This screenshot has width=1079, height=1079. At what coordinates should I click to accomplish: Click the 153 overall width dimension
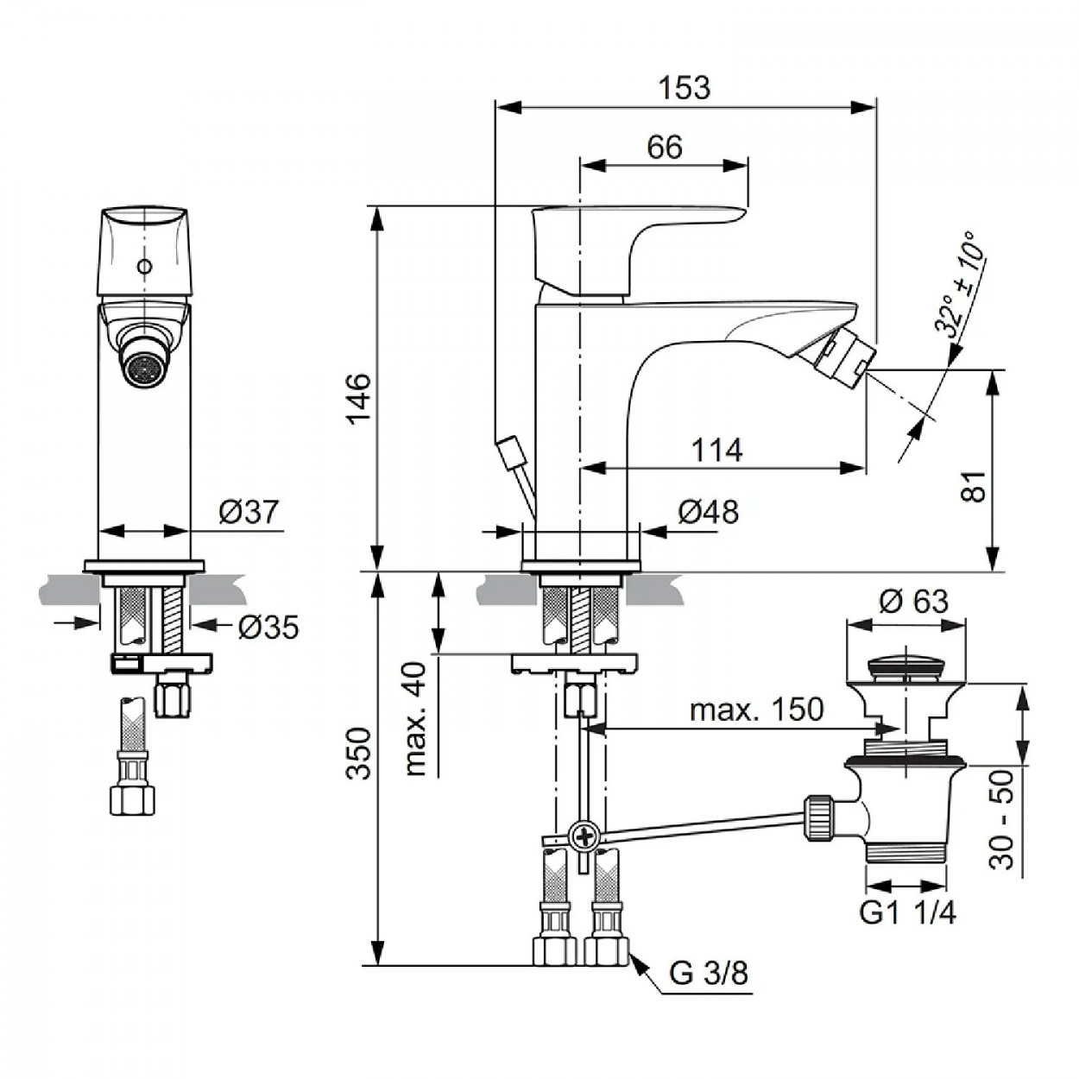point(684,88)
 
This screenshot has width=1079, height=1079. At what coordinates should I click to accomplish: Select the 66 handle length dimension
point(665,148)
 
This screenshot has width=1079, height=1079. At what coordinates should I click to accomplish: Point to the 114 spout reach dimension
point(717,450)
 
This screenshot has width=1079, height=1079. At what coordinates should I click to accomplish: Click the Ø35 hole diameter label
point(268,628)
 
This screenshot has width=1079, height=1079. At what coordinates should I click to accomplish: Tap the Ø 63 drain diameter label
point(914,602)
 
